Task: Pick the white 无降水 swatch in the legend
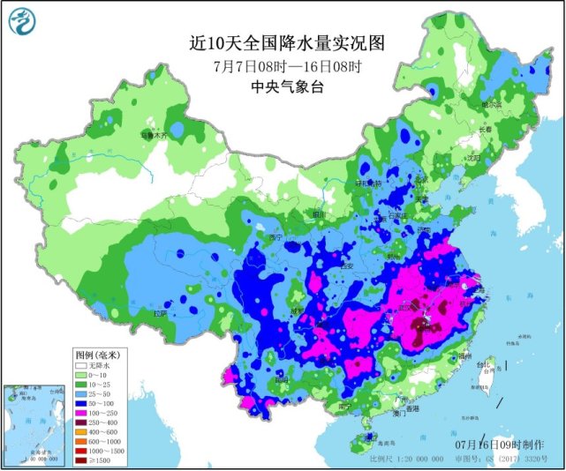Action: point(82,364)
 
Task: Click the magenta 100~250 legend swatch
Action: point(82,412)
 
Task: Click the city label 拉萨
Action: point(159,312)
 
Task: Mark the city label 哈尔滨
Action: point(490,104)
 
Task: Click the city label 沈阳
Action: point(477,158)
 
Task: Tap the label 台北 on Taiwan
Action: point(480,363)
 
